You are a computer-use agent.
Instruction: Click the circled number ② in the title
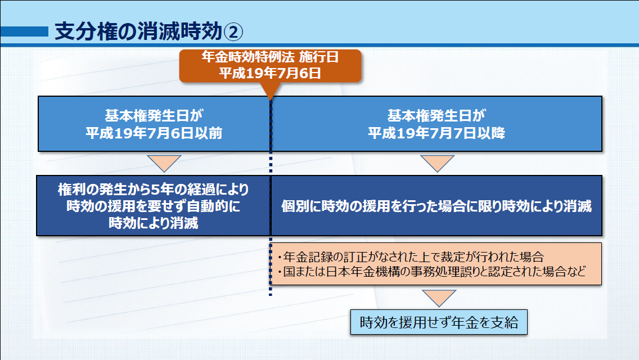tap(233, 32)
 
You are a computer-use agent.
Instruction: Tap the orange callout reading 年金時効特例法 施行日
tap(270, 66)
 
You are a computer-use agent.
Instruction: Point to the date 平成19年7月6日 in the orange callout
tap(270, 73)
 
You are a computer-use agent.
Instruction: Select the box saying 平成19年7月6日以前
tap(154, 124)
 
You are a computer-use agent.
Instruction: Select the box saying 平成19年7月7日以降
tap(436, 124)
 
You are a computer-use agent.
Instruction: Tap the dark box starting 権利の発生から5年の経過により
tap(153, 206)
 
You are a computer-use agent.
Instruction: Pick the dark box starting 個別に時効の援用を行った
tap(436, 206)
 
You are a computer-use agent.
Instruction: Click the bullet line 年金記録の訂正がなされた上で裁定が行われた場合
tap(411, 257)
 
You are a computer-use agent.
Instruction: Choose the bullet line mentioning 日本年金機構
tap(431, 271)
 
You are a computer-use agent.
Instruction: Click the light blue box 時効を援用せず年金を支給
tap(439, 322)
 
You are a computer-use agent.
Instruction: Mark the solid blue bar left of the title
tap(24, 31)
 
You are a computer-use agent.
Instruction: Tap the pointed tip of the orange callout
tap(270, 100)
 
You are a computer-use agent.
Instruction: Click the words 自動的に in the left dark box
tap(213, 206)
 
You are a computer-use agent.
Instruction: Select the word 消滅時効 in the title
tap(180, 31)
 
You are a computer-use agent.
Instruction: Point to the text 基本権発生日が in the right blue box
tap(436, 116)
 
